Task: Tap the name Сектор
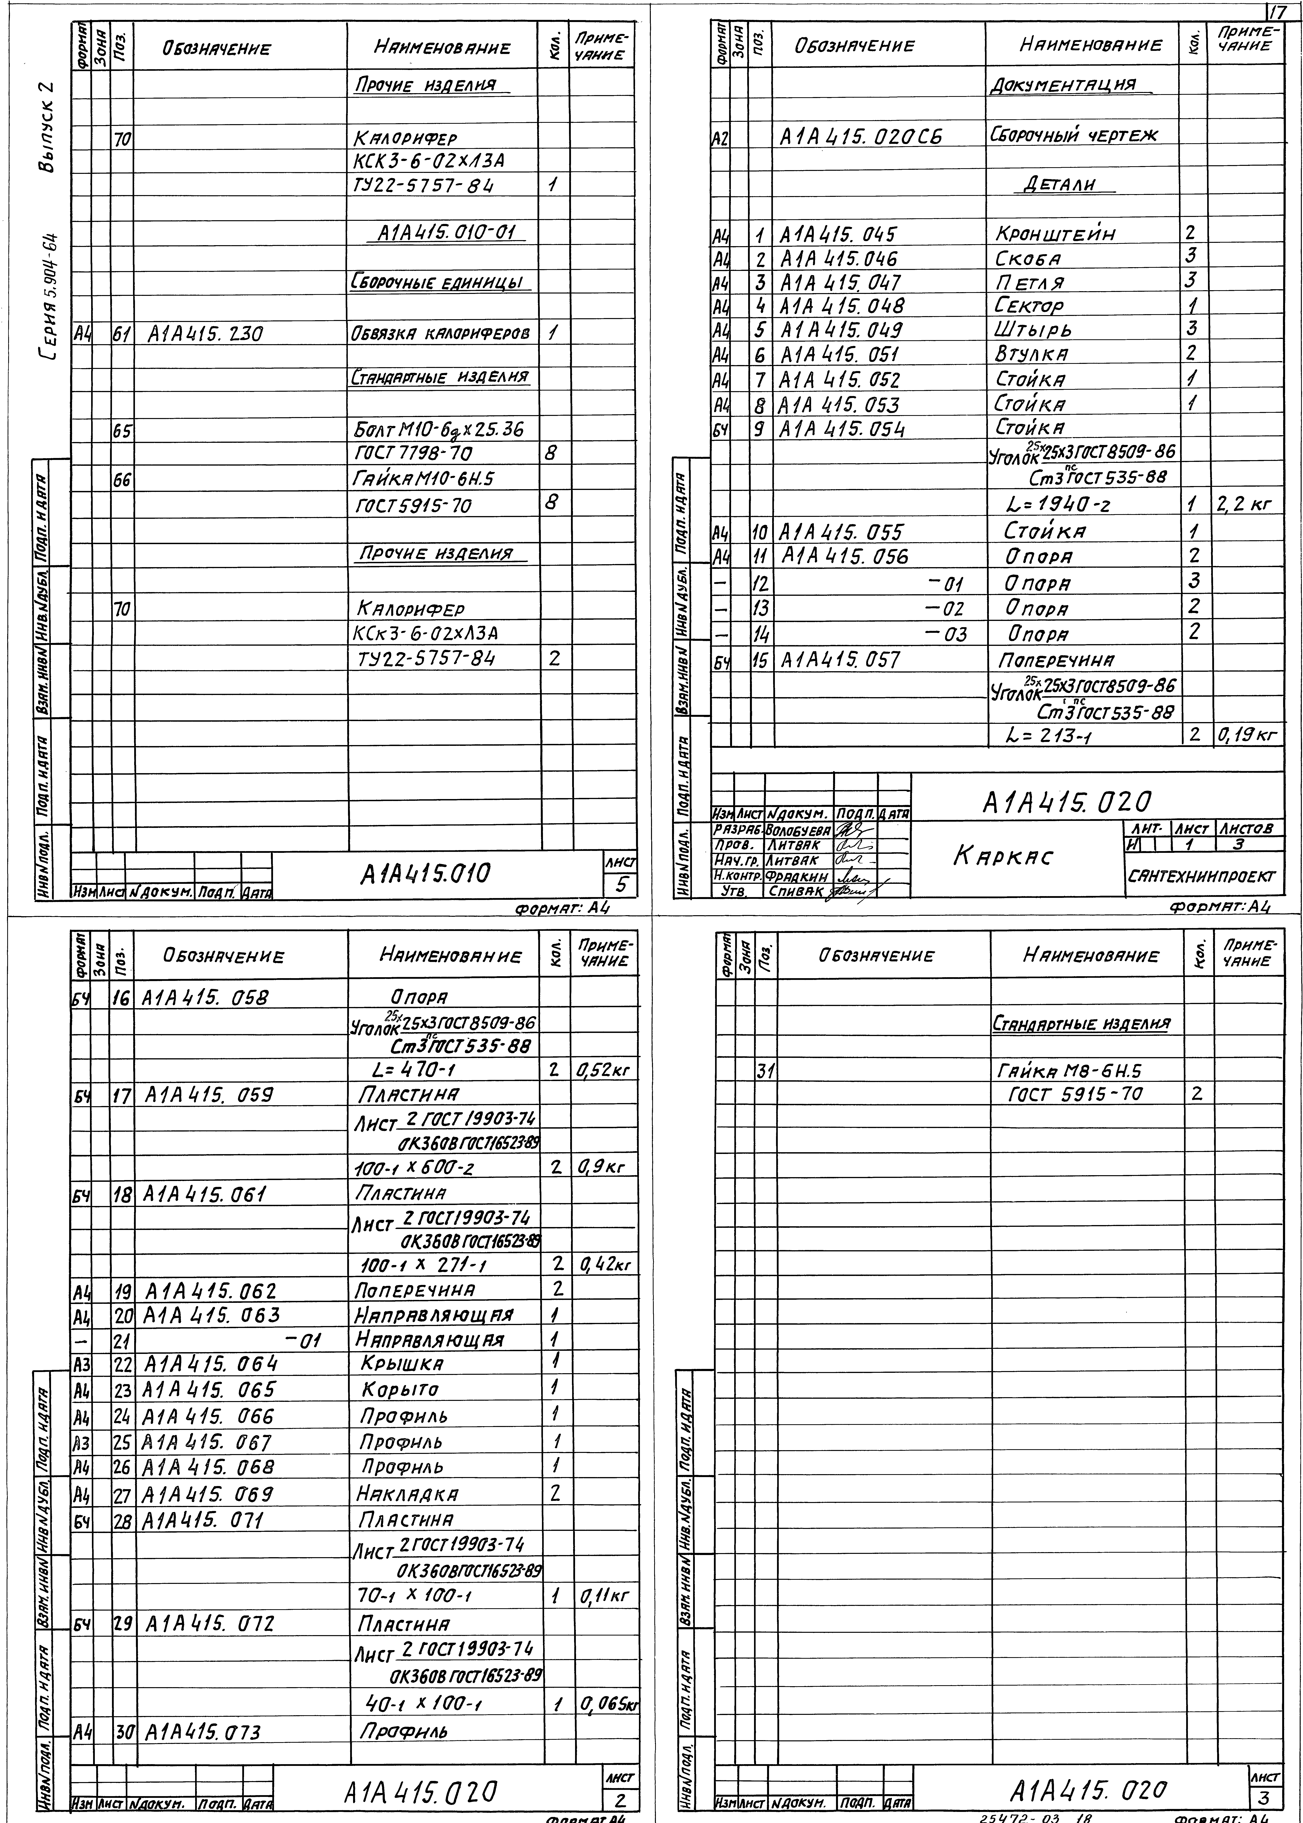(x=1029, y=306)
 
